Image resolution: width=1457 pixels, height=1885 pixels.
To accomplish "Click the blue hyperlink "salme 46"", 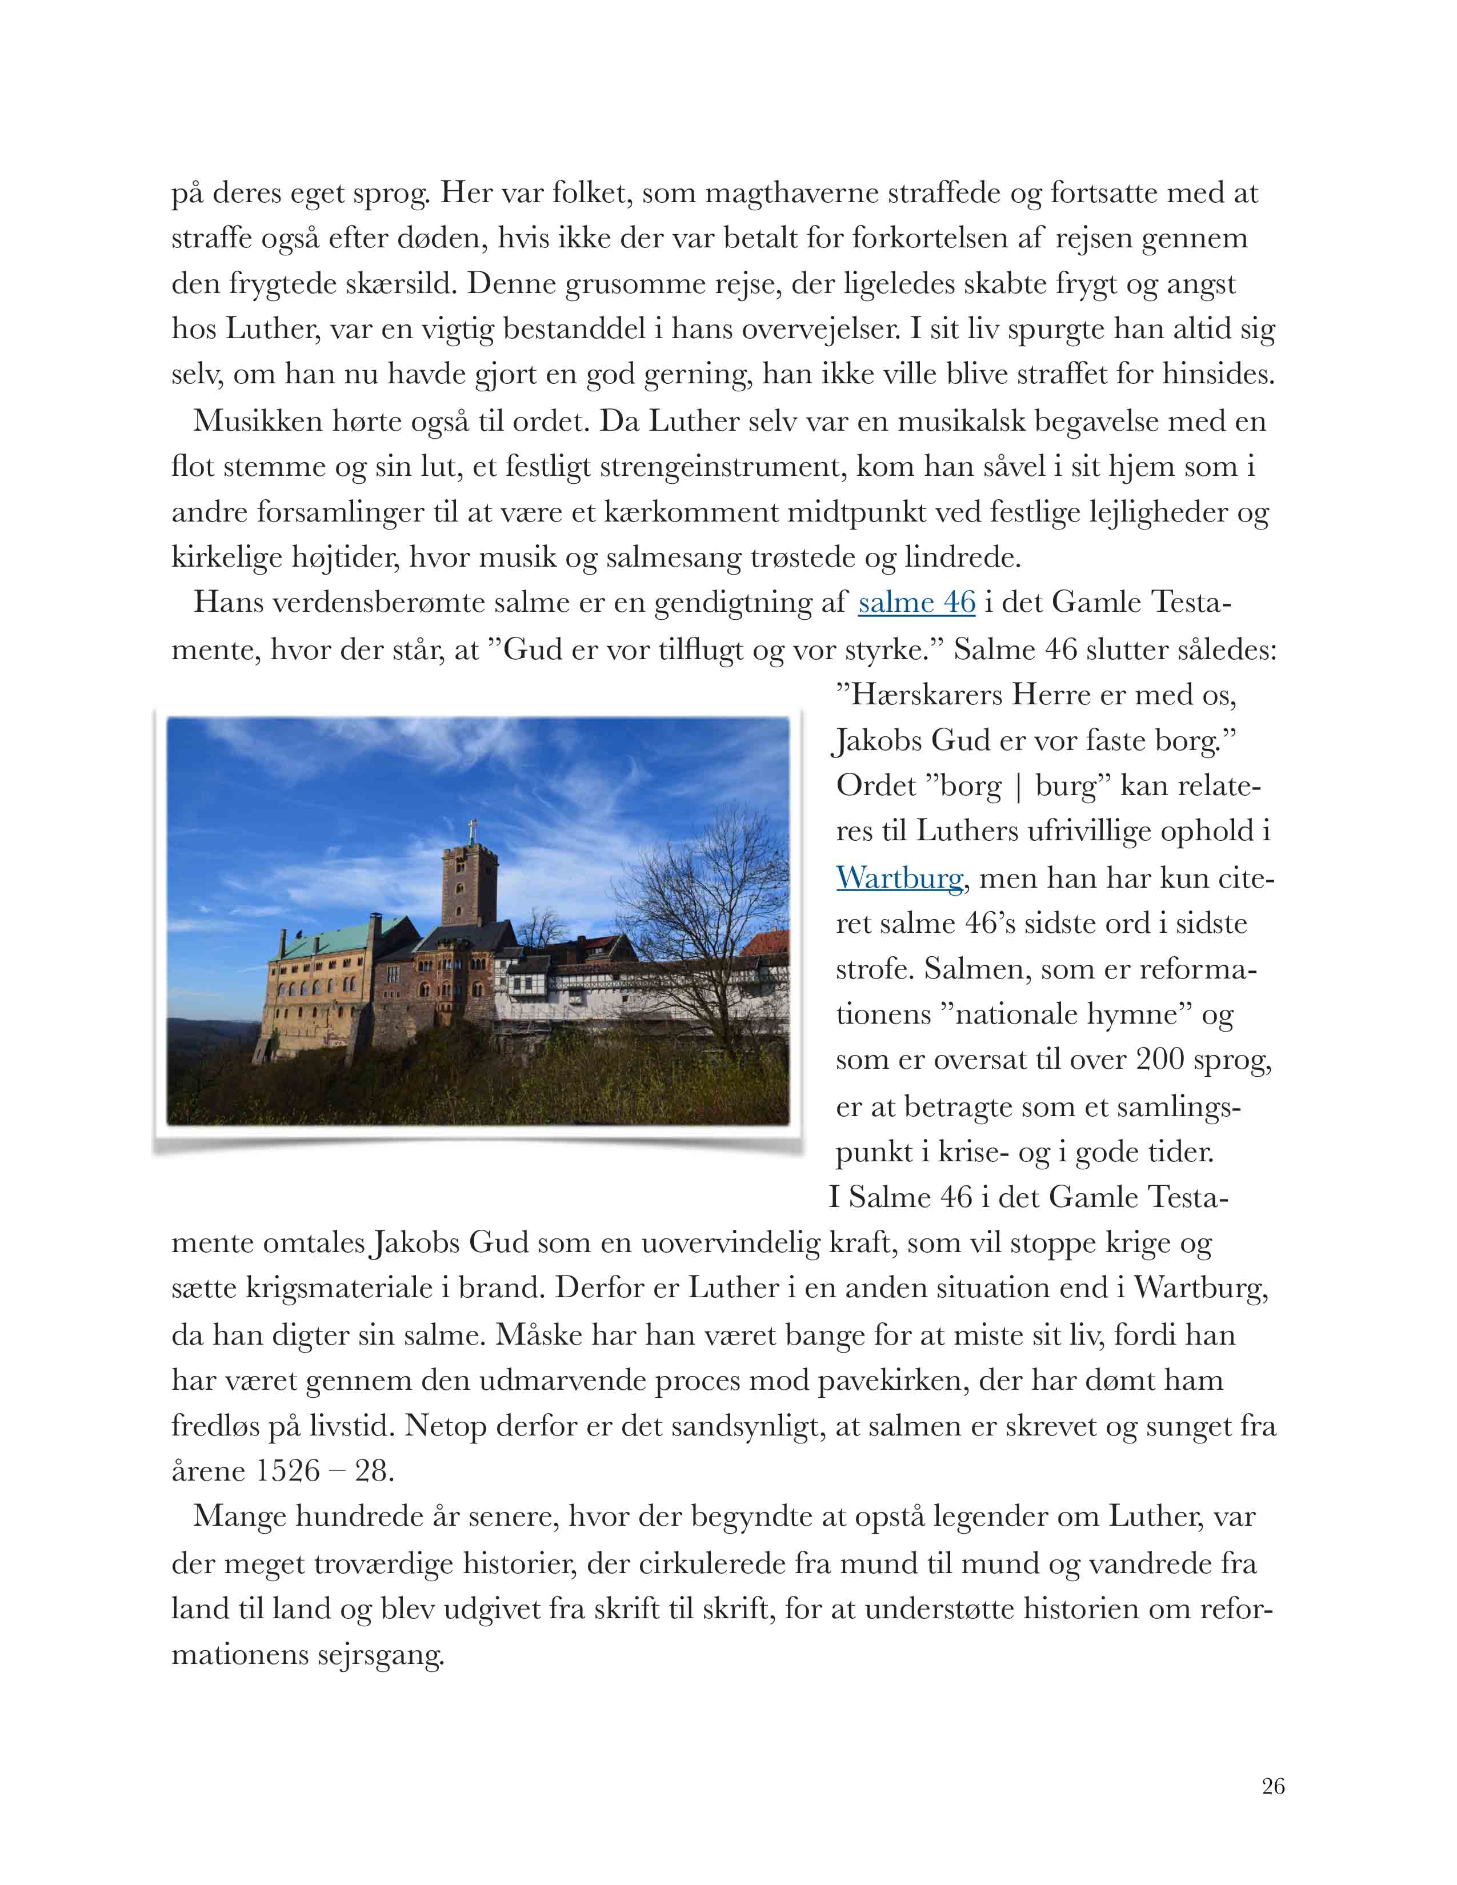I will pos(916,603).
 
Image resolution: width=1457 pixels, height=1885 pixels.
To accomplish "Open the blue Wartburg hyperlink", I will pos(899,878).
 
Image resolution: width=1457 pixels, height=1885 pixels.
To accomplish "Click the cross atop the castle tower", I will pos(471,831).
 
